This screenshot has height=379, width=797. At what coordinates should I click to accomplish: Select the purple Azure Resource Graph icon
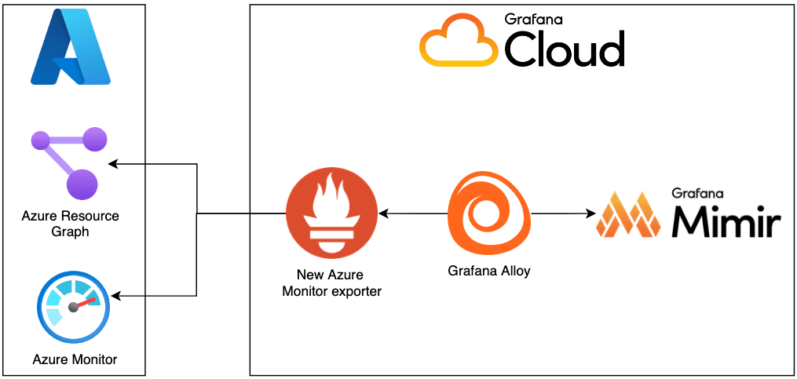68,162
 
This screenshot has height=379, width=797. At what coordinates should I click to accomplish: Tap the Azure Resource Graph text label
70,224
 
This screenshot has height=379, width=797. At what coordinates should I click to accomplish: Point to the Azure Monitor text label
75,359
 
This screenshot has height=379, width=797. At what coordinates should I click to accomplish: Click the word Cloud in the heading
564,50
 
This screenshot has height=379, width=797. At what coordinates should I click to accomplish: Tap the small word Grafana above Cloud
533,19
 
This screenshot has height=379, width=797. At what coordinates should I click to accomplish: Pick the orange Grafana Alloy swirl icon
486,211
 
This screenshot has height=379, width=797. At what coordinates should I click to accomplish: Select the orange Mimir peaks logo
627,215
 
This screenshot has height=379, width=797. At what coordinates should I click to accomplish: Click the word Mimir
726,222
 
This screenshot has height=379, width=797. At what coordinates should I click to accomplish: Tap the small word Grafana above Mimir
696,192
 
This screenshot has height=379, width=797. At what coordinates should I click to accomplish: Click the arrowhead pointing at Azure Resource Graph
112,164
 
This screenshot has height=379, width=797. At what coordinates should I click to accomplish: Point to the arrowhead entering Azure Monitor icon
115,296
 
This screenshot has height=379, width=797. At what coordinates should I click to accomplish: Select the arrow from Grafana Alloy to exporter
412,213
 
